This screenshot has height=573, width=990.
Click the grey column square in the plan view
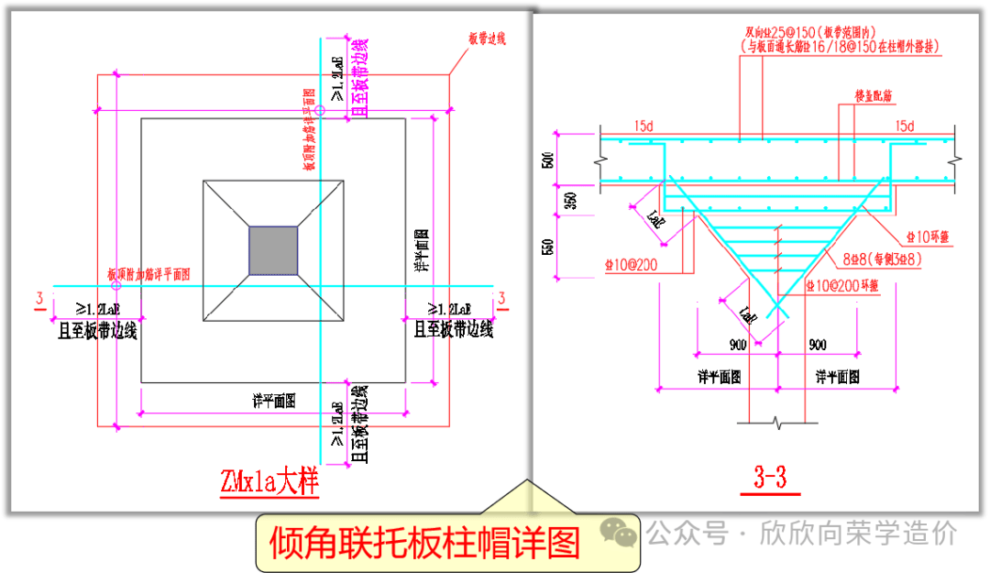(x=273, y=249)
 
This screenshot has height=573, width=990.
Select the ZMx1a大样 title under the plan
(x=269, y=481)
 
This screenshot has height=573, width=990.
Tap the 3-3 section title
(x=770, y=478)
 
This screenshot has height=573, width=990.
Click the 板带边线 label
(x=487, y=39)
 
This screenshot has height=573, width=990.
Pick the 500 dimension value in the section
(x=548, y=158)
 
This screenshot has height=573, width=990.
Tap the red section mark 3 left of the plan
(x=39, y=297)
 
